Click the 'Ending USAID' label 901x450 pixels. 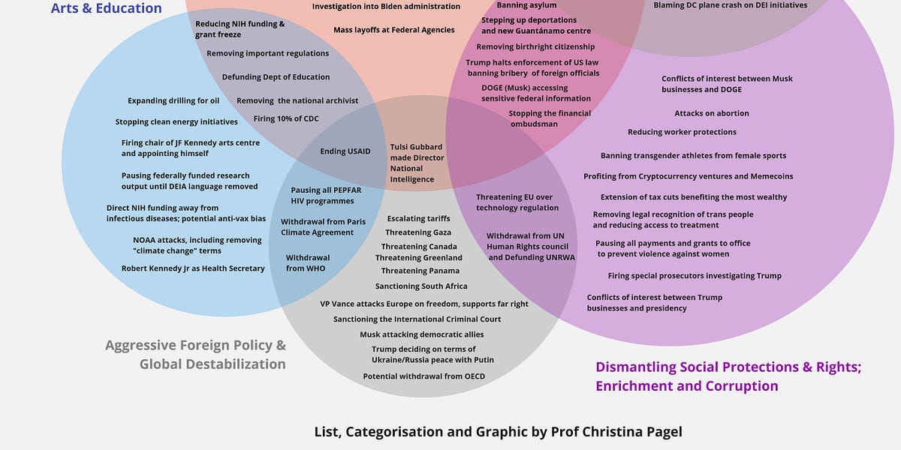point(345,151)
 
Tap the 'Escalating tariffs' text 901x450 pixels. point(418,218)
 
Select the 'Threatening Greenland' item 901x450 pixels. point(418,257)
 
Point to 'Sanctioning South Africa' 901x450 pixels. point(421,286)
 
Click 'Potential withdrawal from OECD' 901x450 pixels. point(424,376)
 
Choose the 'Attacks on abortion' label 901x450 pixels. point(712,113)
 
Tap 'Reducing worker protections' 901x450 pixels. point(682,132)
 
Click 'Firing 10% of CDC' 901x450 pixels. point(285,118)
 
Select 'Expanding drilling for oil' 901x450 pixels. point(173,100)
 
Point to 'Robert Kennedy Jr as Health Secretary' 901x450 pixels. point(193,268)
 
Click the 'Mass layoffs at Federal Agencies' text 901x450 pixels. point(393,30)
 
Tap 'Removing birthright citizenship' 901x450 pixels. point(535,46)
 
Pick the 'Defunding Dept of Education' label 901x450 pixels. point(276,76)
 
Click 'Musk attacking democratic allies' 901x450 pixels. point(421,334)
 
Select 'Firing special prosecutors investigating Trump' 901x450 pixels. point(695,276)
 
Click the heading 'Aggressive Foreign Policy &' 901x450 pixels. point(195,345)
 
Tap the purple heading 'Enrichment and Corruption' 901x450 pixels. point(686,385)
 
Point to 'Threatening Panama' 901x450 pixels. point(420,271)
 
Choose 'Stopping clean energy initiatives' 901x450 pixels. point(176,121)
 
